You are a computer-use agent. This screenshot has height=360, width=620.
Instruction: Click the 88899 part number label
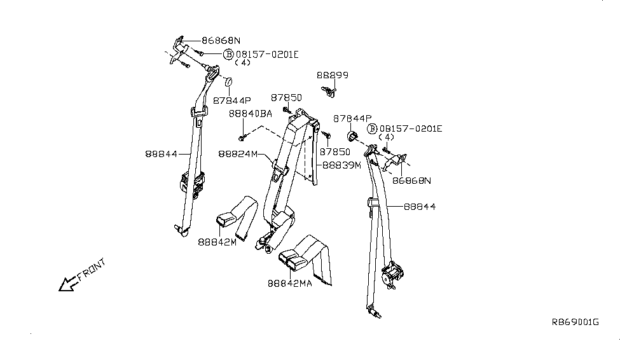[333, 76]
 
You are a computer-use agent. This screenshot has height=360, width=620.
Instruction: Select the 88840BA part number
[250, 113]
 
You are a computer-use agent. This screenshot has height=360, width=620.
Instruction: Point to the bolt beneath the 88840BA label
[242, 137]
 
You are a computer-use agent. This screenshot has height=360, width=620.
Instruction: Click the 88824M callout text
[238, 154]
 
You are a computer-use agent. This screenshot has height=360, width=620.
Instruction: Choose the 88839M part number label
[341, 165]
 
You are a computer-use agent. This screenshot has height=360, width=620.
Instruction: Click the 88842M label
[217, 242]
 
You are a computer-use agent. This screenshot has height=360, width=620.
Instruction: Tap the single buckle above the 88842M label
[226, 220]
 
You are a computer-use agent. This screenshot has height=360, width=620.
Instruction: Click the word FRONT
[91, 270]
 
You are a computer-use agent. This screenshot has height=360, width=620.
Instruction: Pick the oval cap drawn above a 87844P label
[228, 83]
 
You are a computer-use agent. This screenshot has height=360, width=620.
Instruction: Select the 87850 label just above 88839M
[335, 152]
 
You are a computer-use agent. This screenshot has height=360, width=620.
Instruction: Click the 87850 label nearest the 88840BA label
[286, 98]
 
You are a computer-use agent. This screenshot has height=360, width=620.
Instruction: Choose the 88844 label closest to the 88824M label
[161, 153]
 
